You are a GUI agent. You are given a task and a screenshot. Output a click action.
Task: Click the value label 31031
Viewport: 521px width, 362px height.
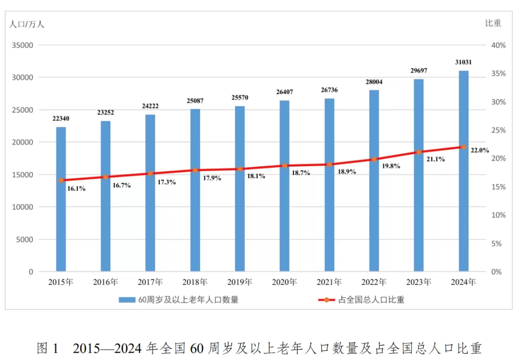click(464, 62)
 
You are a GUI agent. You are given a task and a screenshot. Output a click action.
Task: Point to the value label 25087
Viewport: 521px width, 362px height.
click(195, 101)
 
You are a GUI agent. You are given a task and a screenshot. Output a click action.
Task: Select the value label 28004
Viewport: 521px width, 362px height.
click(374, 82)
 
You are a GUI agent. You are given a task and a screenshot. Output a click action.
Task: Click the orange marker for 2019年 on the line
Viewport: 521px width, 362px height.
click(240, 169)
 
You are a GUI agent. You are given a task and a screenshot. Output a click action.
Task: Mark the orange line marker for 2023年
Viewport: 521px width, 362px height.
click(419, 152)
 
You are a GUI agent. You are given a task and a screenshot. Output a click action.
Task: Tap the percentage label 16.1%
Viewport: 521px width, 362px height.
click(76, 189)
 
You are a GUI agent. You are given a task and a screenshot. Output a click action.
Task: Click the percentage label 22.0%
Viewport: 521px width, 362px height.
click(480, 150)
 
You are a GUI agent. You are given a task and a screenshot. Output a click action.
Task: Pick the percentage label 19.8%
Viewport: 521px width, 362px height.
click(391, 166)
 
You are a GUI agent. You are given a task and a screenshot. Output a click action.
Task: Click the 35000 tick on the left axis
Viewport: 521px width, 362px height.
click(22, 45)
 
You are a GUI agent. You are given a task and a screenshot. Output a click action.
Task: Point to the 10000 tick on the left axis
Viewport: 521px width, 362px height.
click(22, 207)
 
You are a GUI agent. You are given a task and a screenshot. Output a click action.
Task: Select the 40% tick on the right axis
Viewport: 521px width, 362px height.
click(498, 45)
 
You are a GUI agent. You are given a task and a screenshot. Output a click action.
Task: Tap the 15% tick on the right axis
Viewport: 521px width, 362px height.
click(498, 187)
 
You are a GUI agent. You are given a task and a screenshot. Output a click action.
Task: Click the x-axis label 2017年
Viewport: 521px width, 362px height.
click(150, 282)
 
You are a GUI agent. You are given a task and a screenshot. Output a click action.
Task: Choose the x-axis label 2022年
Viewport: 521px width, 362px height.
click(374, 282)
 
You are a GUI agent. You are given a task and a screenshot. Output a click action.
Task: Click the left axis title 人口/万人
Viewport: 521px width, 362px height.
click(27, 24)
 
